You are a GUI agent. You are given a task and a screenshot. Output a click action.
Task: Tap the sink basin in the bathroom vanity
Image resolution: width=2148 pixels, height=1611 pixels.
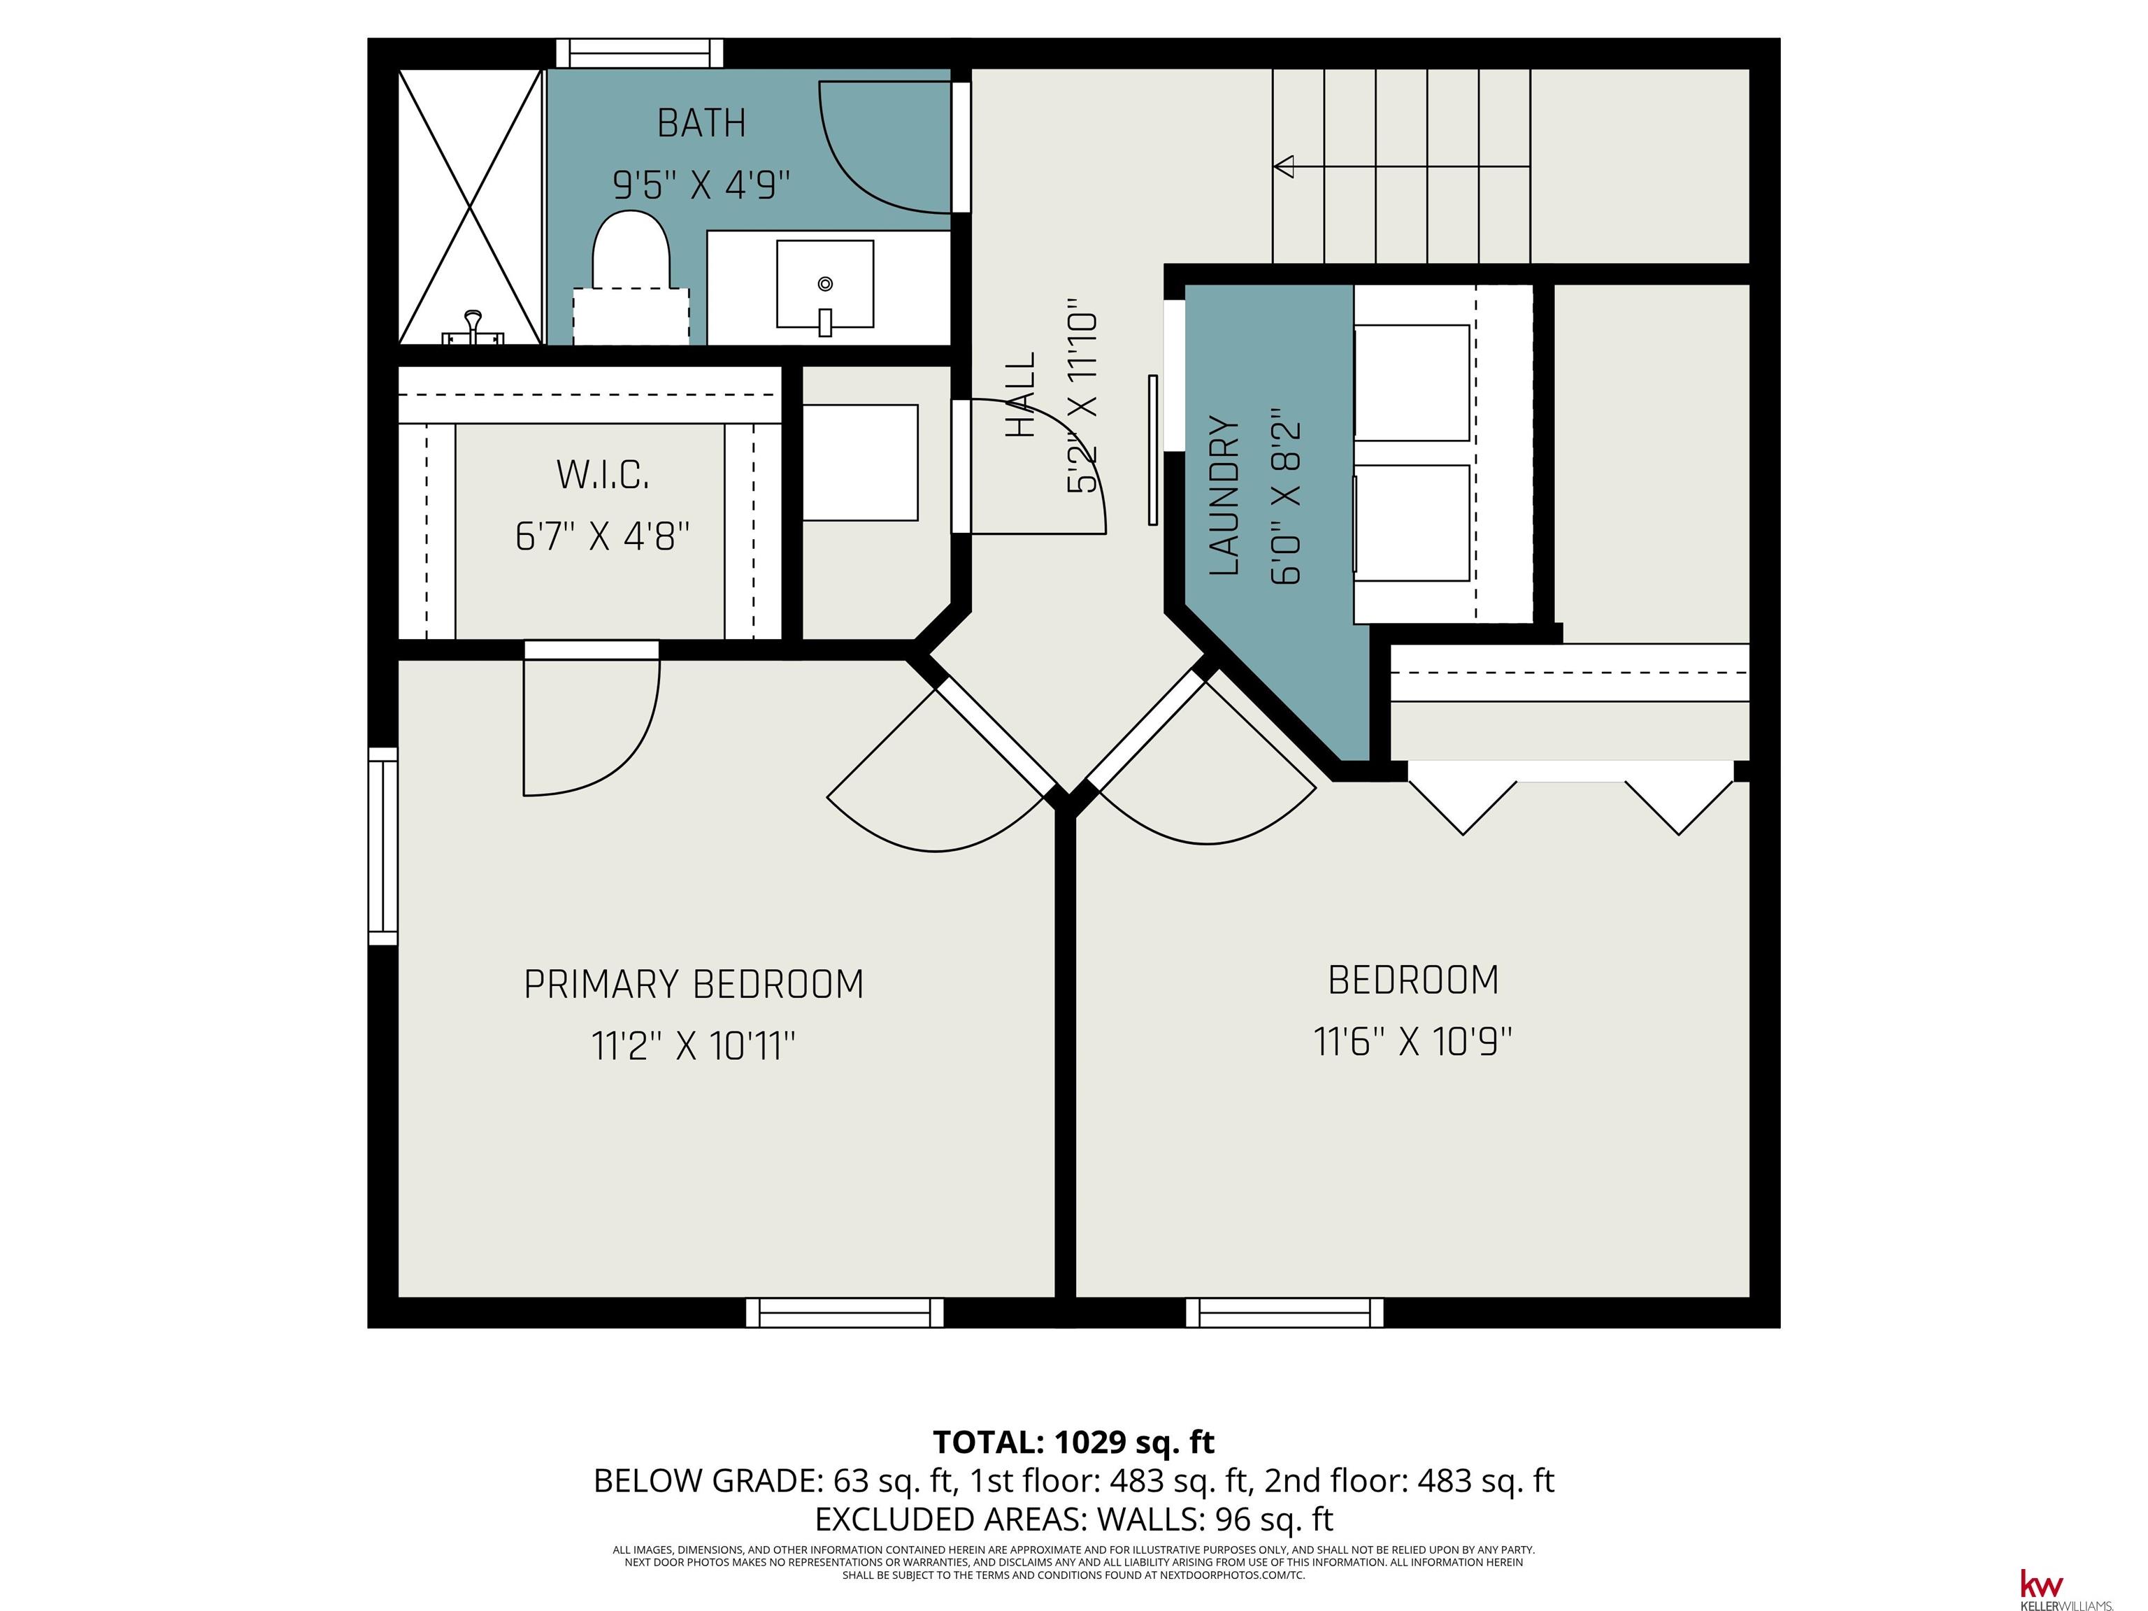point(824,284)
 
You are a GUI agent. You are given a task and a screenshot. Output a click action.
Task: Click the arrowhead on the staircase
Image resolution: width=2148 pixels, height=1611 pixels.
point(1284,167)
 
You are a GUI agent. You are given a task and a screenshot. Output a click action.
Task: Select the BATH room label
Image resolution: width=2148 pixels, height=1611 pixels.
point(701,123)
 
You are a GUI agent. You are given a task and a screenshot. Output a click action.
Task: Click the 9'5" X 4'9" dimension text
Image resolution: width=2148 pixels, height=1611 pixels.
point(701,183)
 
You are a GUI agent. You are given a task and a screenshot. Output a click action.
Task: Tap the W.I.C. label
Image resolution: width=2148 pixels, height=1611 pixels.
point(602,475)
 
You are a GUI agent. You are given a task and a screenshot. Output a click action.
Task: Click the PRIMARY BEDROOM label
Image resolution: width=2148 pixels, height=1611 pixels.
point(694,984)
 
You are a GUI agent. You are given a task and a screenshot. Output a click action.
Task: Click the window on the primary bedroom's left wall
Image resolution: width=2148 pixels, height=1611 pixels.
point(382,846)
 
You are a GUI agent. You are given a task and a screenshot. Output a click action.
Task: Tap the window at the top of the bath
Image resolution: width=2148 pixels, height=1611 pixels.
point(639,52)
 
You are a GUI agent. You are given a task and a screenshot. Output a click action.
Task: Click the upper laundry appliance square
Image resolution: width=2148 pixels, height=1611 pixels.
point(1412,382)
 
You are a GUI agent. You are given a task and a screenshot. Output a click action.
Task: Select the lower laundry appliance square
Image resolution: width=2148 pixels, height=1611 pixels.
point(1412,524)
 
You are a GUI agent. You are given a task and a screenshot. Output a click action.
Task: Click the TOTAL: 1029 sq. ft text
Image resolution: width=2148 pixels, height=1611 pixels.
point(1073,1442)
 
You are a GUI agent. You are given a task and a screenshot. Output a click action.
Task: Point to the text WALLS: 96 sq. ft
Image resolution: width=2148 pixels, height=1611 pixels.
point(1214,1519)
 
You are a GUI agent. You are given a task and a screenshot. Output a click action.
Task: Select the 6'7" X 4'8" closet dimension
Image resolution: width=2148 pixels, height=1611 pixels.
point(602,536)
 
